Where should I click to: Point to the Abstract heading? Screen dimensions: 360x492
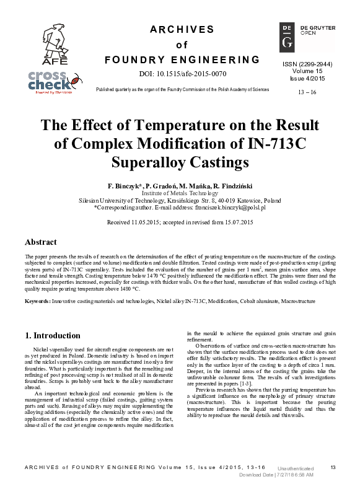pyautogui.click(x=41, y=242)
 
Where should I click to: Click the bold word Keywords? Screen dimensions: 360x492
pyautogui.click(x=37, y=301)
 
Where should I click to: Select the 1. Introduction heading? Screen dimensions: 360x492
pyautogui.click(x=53, y=335)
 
